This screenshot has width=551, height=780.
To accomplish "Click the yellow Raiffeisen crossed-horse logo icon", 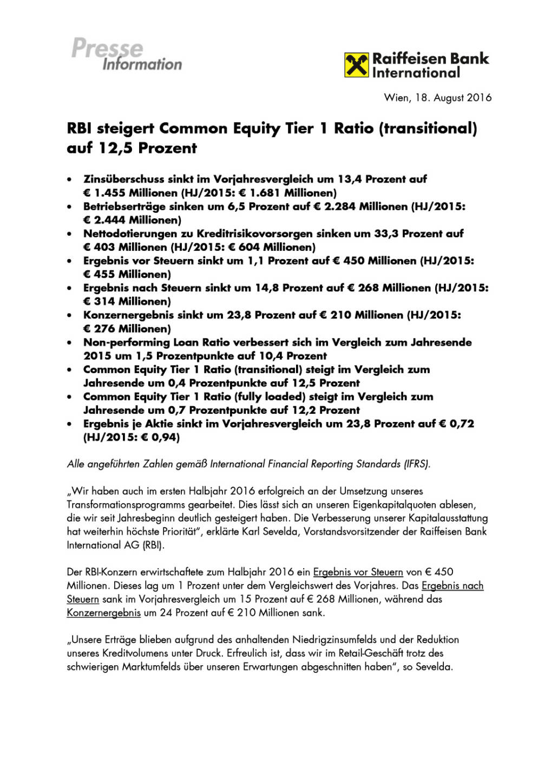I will click(x=357, y=65).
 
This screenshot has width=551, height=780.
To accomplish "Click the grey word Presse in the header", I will click(x=107, y=48).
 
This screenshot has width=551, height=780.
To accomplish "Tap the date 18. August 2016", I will click(x=454, y=98).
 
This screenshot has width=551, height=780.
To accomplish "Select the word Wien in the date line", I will click(x=397, y=98).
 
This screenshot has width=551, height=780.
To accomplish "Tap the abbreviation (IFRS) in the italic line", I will click(x=417, y=464).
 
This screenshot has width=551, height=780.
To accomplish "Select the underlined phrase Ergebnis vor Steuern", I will click(x=358, y=572).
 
